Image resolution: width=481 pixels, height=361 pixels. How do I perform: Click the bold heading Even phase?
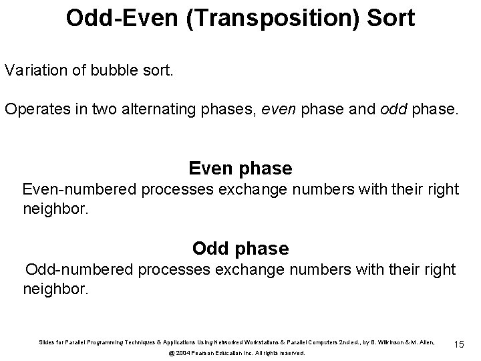240,168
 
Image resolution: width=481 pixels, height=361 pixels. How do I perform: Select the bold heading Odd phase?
240,249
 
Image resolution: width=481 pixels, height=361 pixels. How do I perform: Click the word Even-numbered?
79,190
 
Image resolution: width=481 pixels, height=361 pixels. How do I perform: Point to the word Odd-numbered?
80,270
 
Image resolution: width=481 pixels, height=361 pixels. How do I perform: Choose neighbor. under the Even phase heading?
55,210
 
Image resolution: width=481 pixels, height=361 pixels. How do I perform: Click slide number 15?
459,344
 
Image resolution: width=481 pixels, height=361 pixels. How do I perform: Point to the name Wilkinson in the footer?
395,342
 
